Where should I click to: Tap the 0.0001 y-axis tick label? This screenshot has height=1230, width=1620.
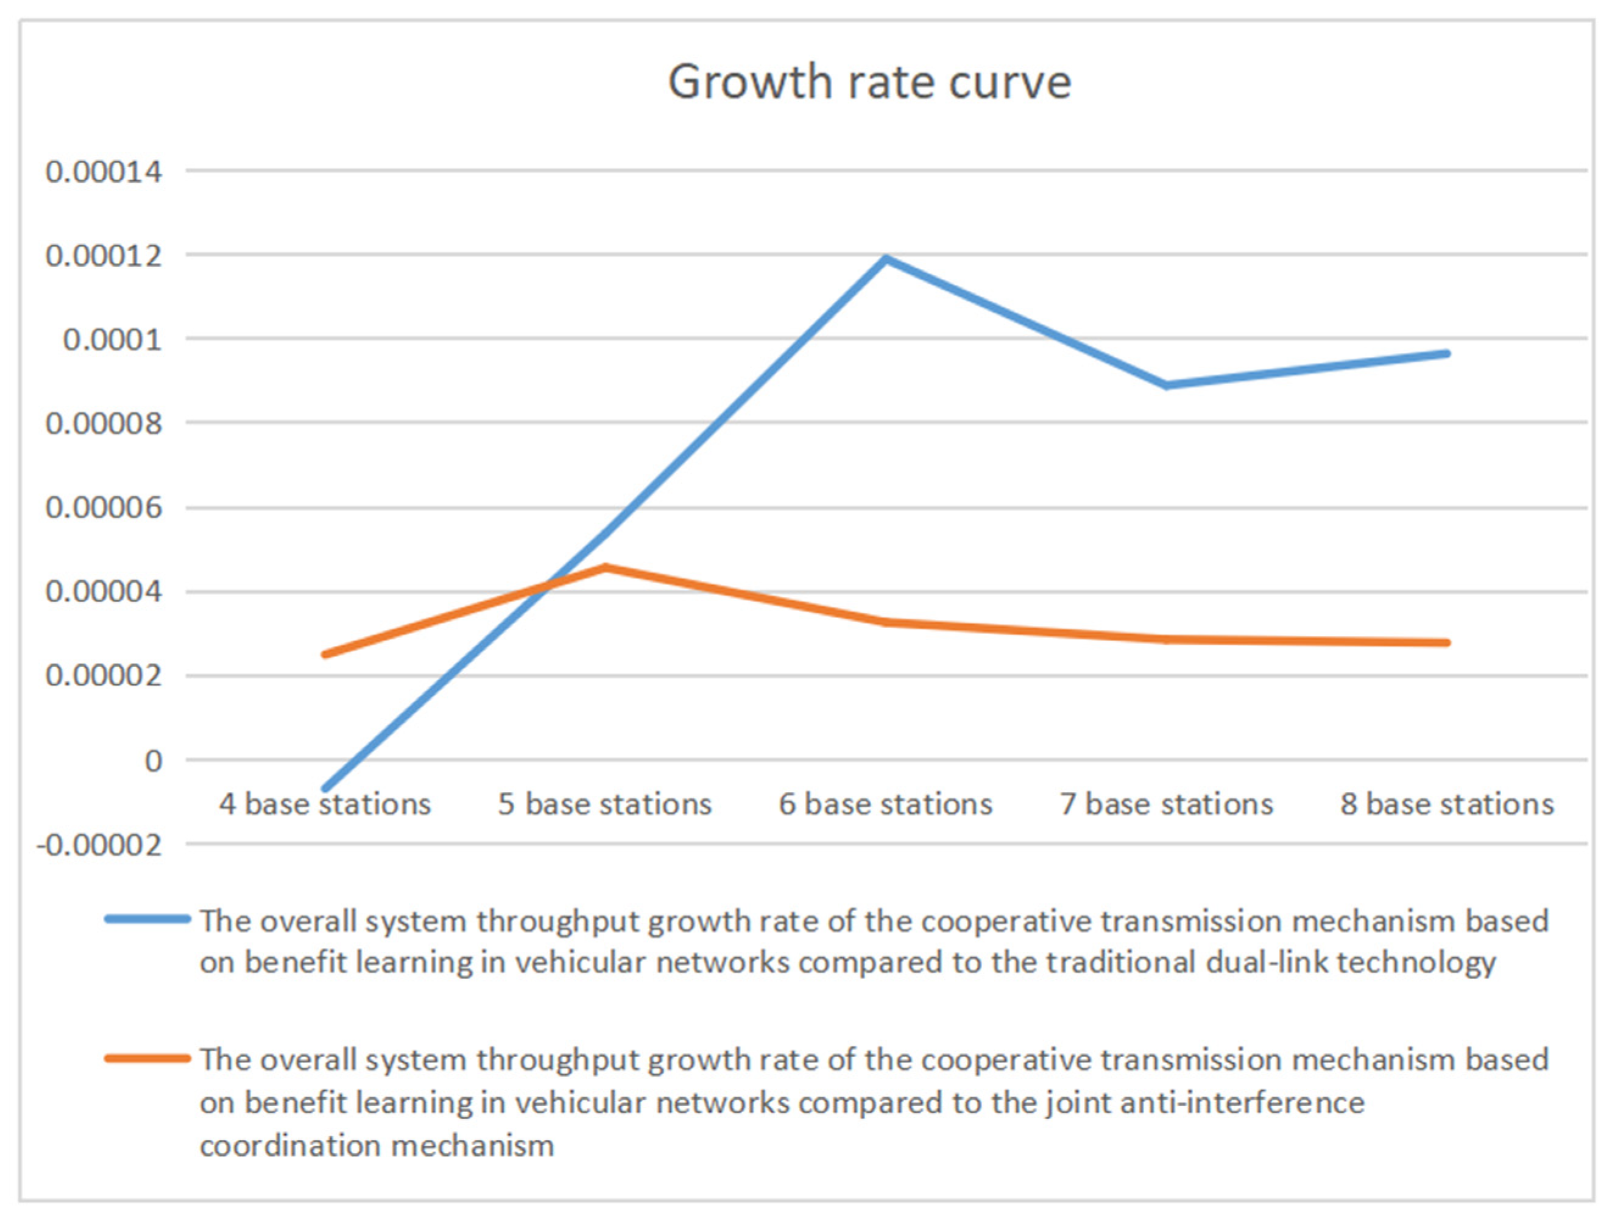[x=113, y=340]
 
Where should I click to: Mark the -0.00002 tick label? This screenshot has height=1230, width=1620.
[x=99, y=846]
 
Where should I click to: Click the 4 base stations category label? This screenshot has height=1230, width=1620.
[x=325, y=804]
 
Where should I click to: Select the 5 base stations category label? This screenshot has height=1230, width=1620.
[x=605, y=804]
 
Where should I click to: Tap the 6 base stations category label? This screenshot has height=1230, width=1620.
[x=885, y=804]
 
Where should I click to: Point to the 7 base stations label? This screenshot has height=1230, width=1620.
[x=1167, y=804]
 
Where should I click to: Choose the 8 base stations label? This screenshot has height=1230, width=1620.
[x=1447, y=804]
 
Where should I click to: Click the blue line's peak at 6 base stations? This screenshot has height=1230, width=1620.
[x=886, y=258]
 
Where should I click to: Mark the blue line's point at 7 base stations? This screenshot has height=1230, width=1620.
[x=1167, y=385]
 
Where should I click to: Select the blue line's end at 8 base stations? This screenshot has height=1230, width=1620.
[x=1446, y=354]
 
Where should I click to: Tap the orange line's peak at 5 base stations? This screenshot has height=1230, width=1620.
[x=606, y=568]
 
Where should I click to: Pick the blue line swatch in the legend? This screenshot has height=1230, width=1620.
[x=147, y=919]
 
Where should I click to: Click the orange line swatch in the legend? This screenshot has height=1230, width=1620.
[x=147, y=1059]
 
